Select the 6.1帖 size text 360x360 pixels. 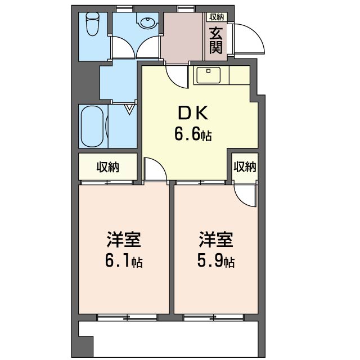124,262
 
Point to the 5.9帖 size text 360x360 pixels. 216,262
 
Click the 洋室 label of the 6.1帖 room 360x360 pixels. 124,240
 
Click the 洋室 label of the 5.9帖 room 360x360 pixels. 216,240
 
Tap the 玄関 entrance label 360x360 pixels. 216,40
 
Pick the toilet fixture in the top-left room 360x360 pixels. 92,25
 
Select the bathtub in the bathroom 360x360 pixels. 92,127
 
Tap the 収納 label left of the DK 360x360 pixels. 107,167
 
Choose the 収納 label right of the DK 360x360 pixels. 245,167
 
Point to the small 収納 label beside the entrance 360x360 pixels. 216,17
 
